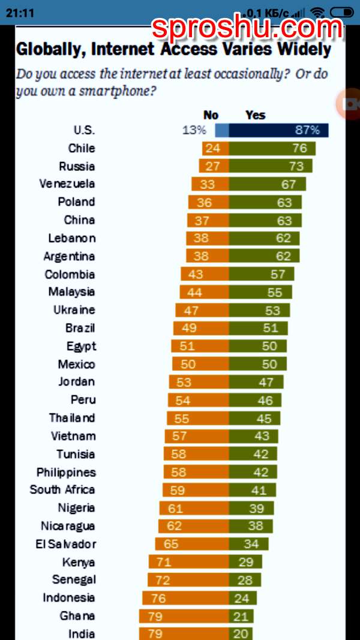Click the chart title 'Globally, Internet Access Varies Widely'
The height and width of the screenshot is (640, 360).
coord(173,49)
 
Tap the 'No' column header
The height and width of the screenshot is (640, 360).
coord(211,115)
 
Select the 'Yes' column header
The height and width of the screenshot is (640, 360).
coord(255,115)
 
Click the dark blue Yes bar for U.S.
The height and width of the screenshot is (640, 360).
coord(278,130)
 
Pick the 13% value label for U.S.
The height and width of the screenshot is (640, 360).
coord(194,130)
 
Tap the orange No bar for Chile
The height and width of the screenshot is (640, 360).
coord(215,148)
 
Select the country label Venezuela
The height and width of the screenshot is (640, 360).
coord(67,184)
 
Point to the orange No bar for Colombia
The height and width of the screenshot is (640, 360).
coord(205,274)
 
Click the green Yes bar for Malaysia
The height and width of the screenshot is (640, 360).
coord(260,292)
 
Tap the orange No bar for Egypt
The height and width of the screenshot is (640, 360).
coord(199,346)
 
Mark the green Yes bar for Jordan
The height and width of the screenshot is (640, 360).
coord(256,382)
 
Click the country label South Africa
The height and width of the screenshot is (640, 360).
coord(62,489)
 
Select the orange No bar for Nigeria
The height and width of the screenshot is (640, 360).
coord(194,508)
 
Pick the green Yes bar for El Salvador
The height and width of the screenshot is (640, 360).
coord(248,544)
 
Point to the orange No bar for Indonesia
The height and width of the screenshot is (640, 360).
coord(185,598)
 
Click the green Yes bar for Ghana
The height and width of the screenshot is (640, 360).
coord(241,616)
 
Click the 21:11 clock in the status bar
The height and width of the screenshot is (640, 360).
coord(20,12)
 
